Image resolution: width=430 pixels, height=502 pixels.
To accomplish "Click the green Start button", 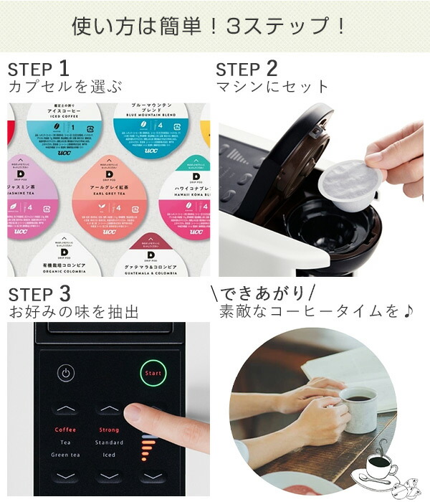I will (x=153, y=373).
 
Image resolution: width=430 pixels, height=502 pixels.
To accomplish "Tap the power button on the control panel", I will (x=66, y=373).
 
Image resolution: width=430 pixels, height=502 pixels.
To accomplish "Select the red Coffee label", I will (x=65, y=430).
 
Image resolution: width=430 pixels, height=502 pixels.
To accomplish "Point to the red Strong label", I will (x=109, y=430).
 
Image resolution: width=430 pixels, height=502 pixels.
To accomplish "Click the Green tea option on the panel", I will (x=65, y=454).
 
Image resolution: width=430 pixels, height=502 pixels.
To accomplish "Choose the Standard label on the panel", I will (x=109, y=442).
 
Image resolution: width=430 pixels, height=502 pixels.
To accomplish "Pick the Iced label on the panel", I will (x=109, y=454).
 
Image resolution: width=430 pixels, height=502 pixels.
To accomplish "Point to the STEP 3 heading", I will (x=39, y=294).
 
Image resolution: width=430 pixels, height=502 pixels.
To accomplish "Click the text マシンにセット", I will (x=272, y=87).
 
